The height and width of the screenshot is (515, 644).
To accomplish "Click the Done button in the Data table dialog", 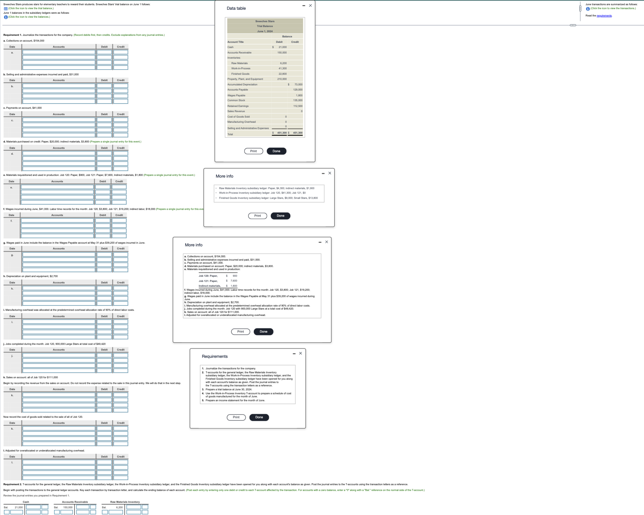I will pos(276,151).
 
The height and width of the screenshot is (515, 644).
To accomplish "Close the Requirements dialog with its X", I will pos(300,353).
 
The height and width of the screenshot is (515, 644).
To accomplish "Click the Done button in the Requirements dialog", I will pos(259,417).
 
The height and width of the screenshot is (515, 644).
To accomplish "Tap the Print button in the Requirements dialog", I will pos(236,417).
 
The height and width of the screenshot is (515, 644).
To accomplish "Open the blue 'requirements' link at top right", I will pos(604,16).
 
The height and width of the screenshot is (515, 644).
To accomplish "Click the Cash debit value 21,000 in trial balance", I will pos(282,47).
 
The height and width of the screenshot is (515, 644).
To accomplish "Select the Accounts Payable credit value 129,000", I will pos(297,90).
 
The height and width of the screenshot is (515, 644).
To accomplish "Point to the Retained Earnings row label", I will pos(238,106).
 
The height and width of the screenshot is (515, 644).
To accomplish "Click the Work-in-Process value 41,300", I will pos(282,68).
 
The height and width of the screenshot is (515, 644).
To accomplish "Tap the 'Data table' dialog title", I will pos(236,8).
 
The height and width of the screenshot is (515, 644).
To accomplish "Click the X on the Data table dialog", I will pos(310,5).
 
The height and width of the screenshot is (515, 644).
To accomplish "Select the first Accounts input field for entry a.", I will pos(59,52).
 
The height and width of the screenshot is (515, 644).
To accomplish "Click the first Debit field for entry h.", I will pos(104,288).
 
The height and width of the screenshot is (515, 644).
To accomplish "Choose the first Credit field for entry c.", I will pos(121,120).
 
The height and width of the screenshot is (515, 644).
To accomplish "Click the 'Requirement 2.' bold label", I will pos(12,484).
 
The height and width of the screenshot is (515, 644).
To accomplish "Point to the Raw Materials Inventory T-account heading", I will pos(125,502).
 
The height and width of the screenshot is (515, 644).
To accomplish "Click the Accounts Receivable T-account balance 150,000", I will pos(68,507).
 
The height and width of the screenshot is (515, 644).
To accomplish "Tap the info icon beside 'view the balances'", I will pos(5,17).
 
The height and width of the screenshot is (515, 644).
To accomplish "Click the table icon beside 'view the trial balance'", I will pos(5,9).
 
